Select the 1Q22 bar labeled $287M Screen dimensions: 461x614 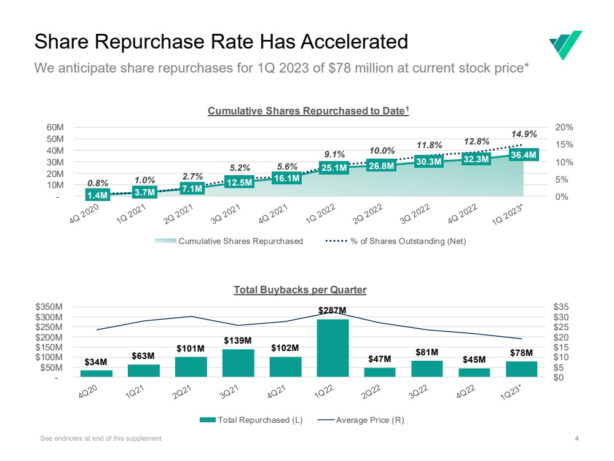point(333,347)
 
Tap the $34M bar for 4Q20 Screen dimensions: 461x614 point(96,373)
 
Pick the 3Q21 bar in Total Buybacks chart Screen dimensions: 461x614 point(238,363)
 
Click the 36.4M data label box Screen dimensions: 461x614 point(524,155)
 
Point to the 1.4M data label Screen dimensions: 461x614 point(98,195)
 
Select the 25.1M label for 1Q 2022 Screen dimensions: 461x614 point(334,167)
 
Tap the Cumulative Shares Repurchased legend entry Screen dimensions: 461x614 point(229,241)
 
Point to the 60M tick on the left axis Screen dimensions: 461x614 point(55,127)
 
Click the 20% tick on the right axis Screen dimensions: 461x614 point(564,127)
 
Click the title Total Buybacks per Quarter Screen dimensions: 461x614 point(300,290)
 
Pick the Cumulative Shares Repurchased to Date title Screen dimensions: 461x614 point(308,111)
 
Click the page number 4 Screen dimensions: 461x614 point(577,438)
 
